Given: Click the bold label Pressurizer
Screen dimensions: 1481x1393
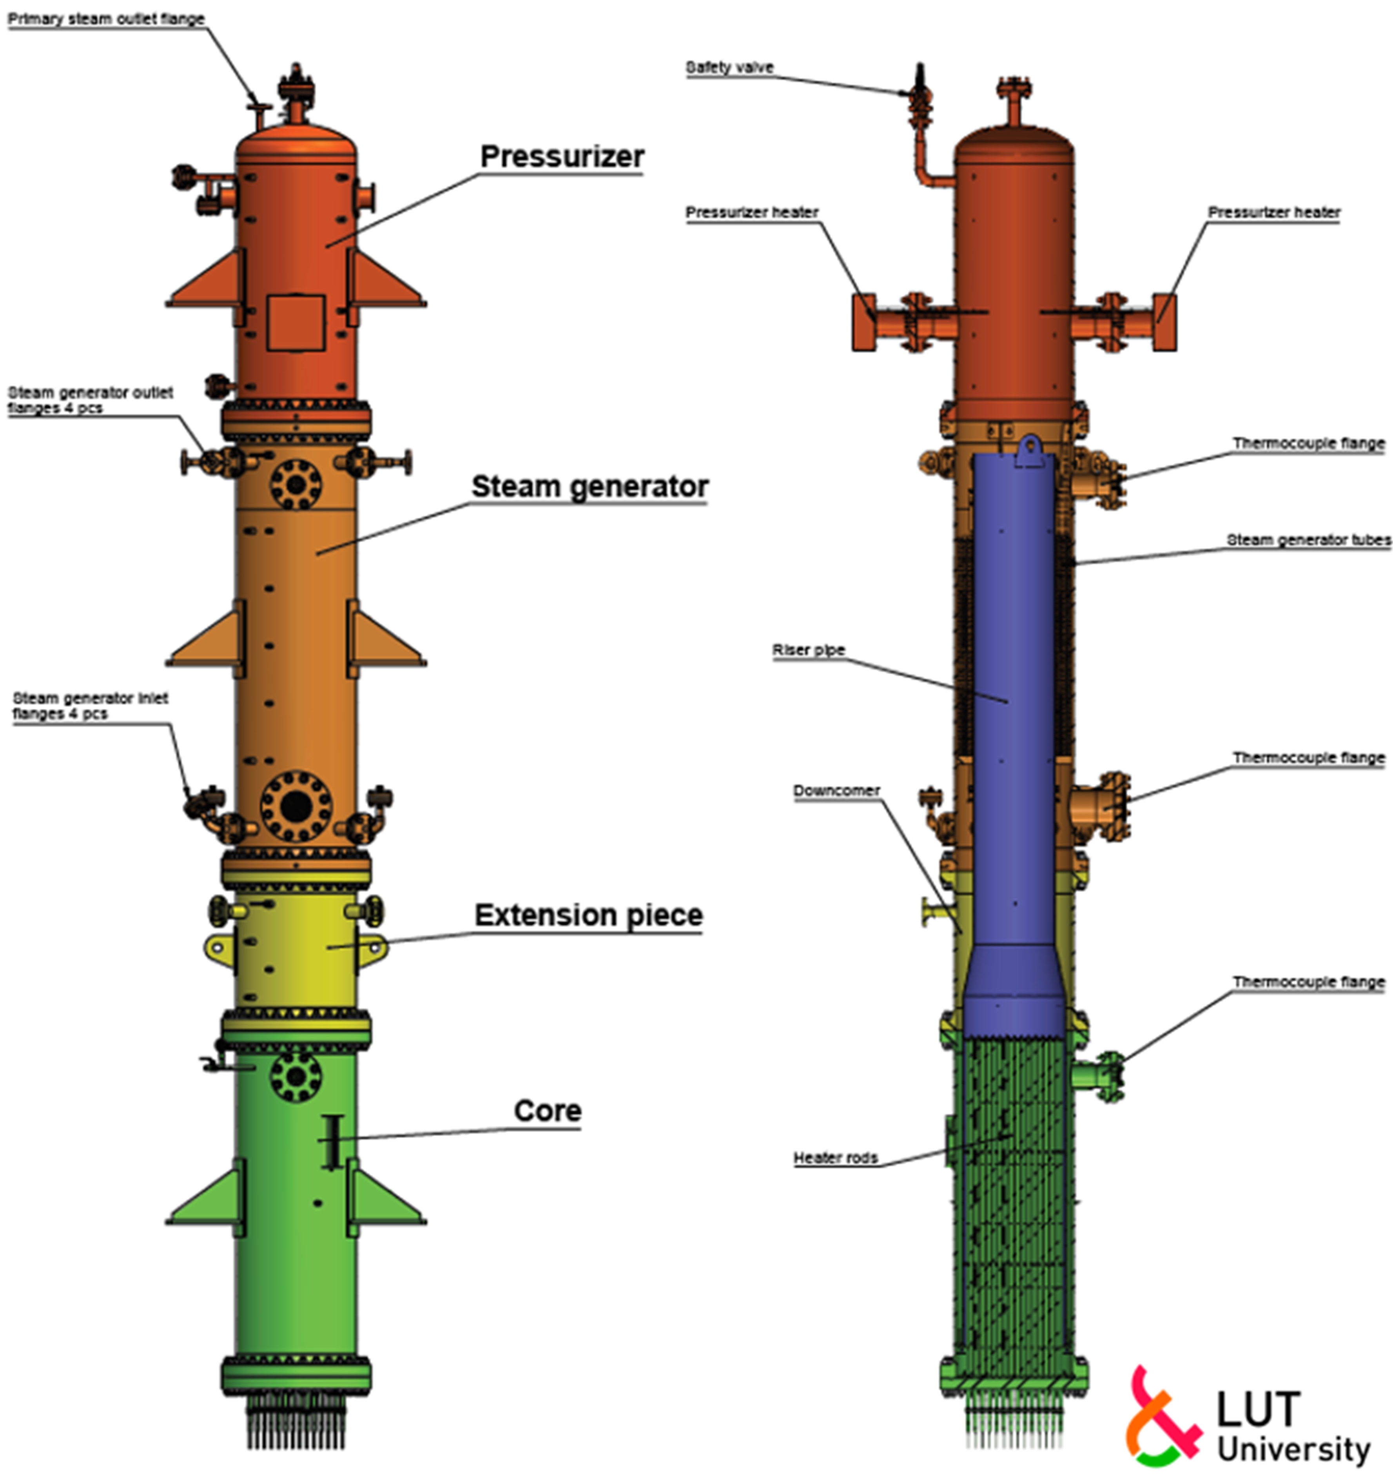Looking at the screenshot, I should [x=562, y=156].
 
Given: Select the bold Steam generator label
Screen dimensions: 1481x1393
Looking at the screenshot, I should [x=589, y=486].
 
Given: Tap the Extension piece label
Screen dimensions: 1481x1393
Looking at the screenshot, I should [x=588, y=915].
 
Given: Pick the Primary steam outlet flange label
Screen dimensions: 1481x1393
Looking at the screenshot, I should [x=106, y=19].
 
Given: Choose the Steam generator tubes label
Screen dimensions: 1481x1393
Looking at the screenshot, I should [x=1308, y=540].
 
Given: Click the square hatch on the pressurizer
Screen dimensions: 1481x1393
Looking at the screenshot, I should [x=296, y=323].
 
